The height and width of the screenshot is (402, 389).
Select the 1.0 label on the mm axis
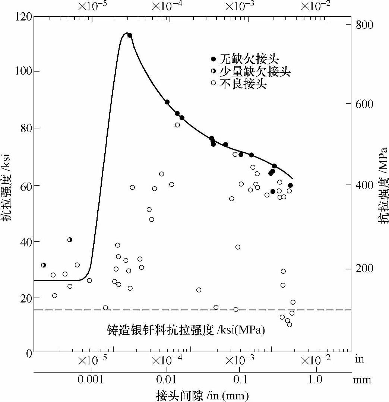pos(316,380)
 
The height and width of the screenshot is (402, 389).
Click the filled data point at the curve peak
pos(130,35)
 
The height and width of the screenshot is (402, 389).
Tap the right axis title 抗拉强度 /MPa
pos(383,194)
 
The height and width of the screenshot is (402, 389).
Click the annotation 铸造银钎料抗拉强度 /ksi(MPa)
pos(186,330)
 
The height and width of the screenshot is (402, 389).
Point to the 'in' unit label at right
pos(360,360)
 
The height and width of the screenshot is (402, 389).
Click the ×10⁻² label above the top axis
pos(315,6)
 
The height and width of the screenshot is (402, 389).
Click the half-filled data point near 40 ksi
pos(70,240)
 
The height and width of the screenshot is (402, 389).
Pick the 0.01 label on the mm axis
pos(167,380)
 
